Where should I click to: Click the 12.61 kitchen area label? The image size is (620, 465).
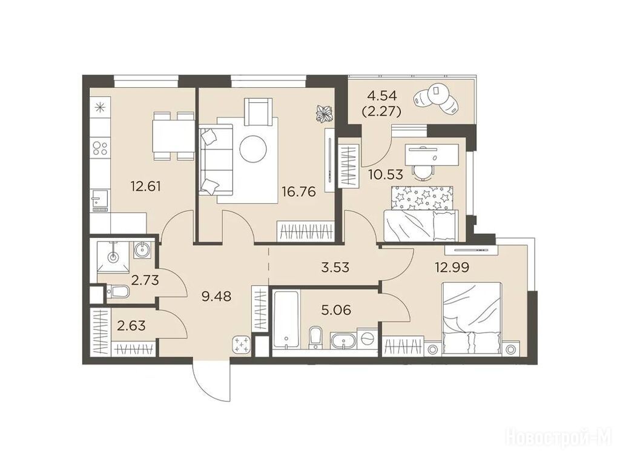pos(146,186)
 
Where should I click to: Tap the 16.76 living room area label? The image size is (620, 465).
pos(298,192)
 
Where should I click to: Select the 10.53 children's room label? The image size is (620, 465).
pos(386,174)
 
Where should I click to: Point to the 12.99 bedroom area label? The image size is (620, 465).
pos(452,268)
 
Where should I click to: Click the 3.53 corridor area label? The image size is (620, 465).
pos(335,267)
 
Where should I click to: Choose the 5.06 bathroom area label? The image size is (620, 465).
pos(336,310)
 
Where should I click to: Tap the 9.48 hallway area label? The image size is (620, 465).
pos(216,295)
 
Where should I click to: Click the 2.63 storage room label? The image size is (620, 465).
pos(131,326)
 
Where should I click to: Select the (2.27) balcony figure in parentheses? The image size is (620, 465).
pos(381,111)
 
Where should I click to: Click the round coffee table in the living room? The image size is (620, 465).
pos(253,149)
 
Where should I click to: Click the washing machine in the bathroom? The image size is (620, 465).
pos(368,338)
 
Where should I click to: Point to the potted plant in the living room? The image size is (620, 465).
pos(324,113)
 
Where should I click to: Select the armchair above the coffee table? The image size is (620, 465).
pos(259,111)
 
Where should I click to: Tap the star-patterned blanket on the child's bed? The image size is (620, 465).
pos(422,198)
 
